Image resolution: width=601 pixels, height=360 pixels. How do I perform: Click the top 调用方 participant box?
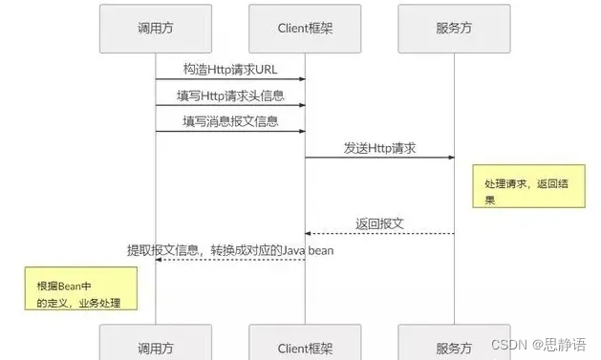[x=156, y=29]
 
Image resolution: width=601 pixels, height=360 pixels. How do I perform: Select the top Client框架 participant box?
[x=305, y=29]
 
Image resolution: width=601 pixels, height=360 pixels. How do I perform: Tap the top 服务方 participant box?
[x=454, y=29]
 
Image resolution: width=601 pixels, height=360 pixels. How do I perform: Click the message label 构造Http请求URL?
[x=230, y=70]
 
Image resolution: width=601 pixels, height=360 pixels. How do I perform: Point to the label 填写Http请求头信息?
[x=230, y=95]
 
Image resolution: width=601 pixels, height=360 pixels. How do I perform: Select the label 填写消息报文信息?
[x=230, y=121]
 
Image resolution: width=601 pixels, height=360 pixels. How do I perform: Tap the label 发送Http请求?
[x=379, y=148]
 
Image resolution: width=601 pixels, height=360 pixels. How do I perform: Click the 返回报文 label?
[x=379, y=223]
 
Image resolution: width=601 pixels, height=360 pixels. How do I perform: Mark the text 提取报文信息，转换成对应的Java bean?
[x=230, y=249]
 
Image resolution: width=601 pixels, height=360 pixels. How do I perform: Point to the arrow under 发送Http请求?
[x=379, y=159]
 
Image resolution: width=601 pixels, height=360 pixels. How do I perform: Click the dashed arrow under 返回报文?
[x=379, y=234]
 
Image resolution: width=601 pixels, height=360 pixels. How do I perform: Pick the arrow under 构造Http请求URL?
[x=230, y=80]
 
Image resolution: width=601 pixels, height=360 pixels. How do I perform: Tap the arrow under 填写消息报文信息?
[x=230, y=132]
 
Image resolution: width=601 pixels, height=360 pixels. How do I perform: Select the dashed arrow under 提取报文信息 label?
[x=230, y=260]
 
